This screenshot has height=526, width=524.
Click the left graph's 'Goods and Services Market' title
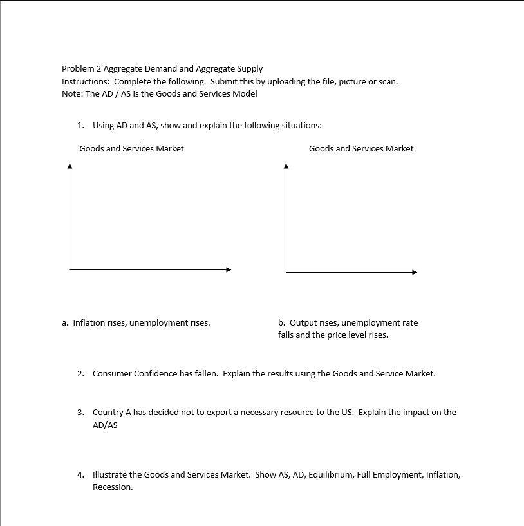click(x=131, y=149)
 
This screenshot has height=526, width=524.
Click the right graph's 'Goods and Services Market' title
click(x=361, y=149)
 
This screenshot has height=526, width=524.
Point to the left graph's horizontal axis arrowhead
click(x=228, y=269)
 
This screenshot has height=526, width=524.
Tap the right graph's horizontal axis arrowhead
click(x=415, y=272)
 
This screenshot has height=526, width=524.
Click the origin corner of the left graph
click(x=70, y=269)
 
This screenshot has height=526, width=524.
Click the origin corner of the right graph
click(x=286, y=272)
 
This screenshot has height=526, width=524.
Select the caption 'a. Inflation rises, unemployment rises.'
click(x=136, y=323)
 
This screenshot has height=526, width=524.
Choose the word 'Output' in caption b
click(x=303, y=323)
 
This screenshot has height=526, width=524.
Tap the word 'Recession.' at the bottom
click(x=113, y=487)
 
